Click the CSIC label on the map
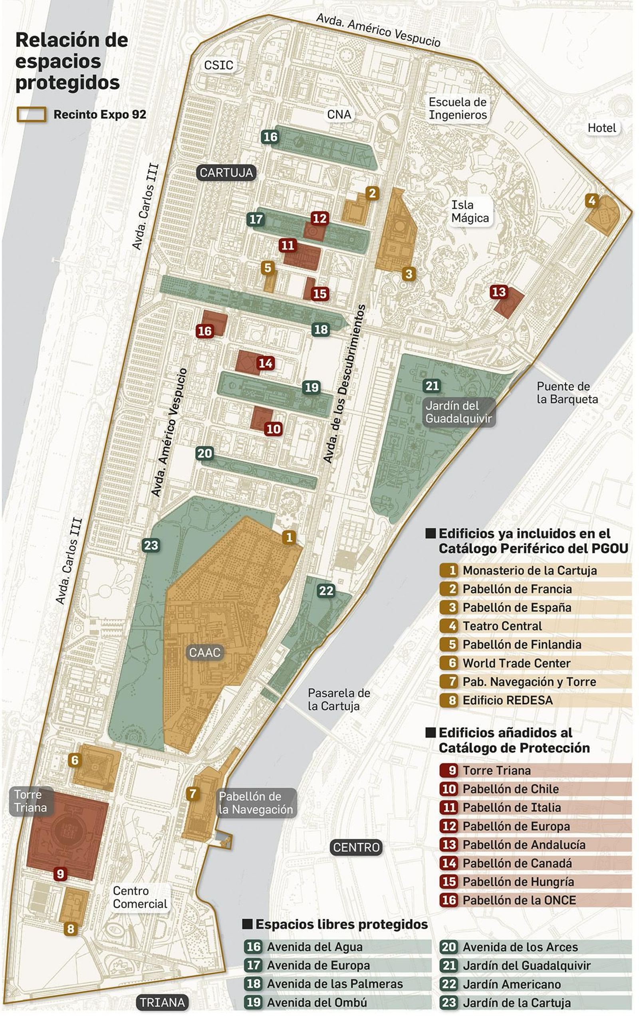[x=218, y=65]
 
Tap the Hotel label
[x=602, y=128]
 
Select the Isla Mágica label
[x=470, y=212]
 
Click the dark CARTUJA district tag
[x=226, y=172]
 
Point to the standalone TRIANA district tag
[x=162, y=1002]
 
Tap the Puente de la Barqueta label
[x=567, y=392]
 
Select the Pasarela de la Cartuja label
[x=339, y=699]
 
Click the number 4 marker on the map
[x=592, y=201]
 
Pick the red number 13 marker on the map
[x=498, y=291]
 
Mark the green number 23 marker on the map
[x=151, y=545]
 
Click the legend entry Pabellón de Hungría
[x=518, y=882]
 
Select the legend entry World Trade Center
[x=516, y=663]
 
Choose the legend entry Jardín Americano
[x=512, y=984]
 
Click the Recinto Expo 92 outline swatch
[x=31, y=114]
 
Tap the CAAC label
[x=205, y=652]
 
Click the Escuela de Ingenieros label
[x=458, y=109]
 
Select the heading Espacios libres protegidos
[x=341, y=925]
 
